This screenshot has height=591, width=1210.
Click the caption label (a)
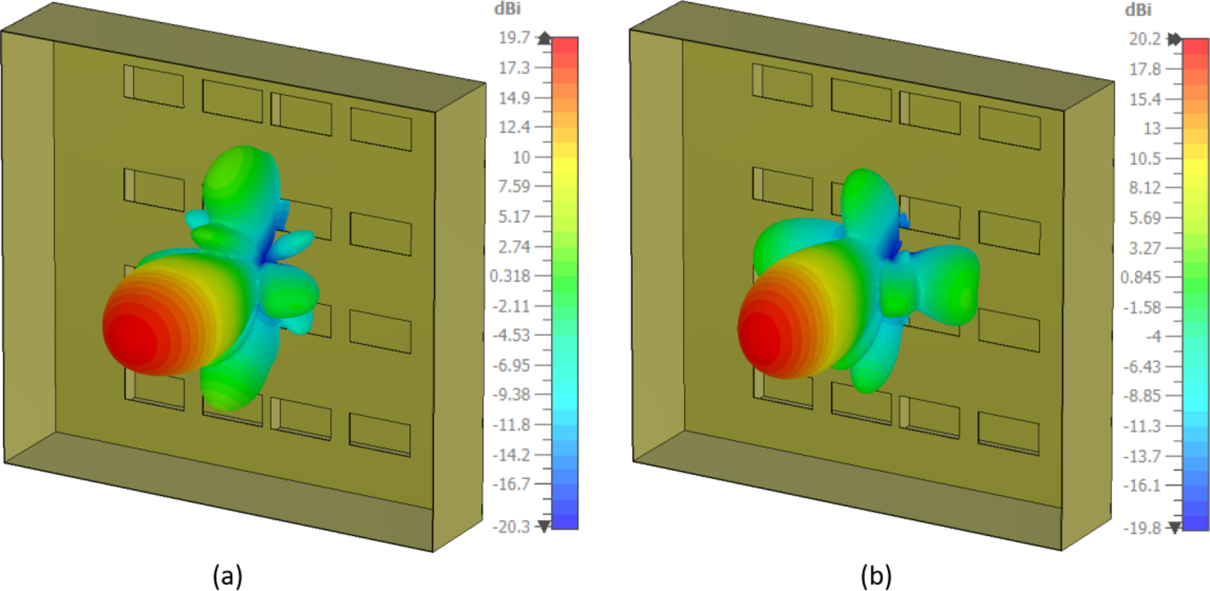[228, 575]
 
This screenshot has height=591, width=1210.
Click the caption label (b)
[877, 575]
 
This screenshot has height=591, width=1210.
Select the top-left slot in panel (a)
[154, 86]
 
